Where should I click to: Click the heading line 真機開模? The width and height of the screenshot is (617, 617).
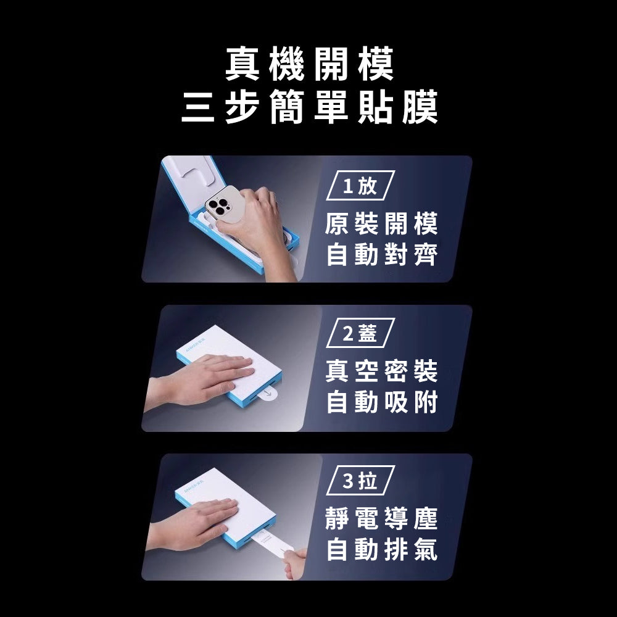pos(308,65)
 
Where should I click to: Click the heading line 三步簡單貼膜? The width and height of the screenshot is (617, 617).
pos(308,108)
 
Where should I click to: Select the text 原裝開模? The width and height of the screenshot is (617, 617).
pos(381,225)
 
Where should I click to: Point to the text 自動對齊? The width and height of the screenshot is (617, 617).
pos(381,254)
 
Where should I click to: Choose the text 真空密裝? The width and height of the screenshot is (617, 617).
pos(381,372)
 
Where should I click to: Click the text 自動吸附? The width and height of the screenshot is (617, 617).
pos(381,402)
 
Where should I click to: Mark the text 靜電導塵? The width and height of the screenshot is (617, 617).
pos(381,520)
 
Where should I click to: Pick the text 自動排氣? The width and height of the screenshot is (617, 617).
pos(381,550)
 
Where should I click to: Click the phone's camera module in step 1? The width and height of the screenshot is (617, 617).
pos(218,207)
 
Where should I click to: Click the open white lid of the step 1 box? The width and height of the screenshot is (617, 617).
pos(191,176)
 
